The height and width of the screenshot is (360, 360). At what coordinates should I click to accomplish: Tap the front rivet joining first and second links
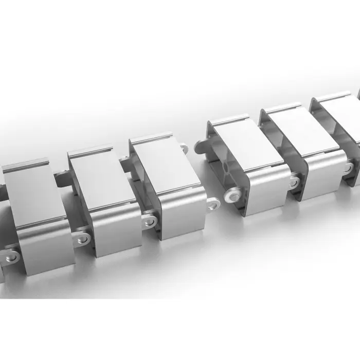pos(82,238)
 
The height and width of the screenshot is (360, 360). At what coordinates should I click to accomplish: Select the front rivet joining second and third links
pos(150,221)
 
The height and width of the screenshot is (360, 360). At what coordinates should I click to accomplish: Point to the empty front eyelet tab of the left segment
pos(213,204)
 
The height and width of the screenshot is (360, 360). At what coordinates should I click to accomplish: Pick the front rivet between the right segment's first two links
pos(294,182)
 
